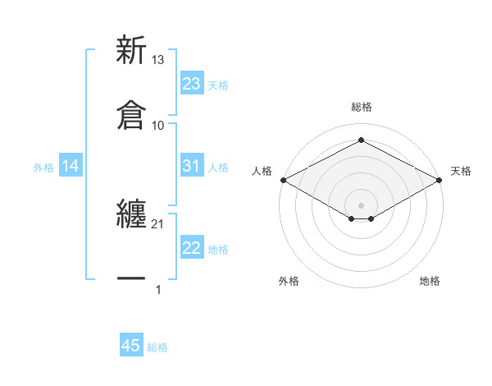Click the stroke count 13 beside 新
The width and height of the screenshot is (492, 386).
(158, 60)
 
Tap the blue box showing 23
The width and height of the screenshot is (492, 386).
(192, 84)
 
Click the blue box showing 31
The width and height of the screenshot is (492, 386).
(192, 166)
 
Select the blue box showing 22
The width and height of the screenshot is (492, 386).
(192, 248)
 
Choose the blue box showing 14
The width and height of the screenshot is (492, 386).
(71, 166)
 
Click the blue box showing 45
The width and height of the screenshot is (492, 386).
(131, 346)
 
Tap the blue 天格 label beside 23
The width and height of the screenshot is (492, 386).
(218, 85)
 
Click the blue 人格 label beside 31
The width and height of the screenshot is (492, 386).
(218, 167)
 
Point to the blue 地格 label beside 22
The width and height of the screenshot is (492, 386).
(218, 249)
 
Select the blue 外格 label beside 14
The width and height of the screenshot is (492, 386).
(43, 167)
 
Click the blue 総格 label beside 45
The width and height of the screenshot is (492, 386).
(157, 347)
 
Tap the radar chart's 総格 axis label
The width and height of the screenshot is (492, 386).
(362, 107)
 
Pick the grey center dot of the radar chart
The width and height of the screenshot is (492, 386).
(362, 204)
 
